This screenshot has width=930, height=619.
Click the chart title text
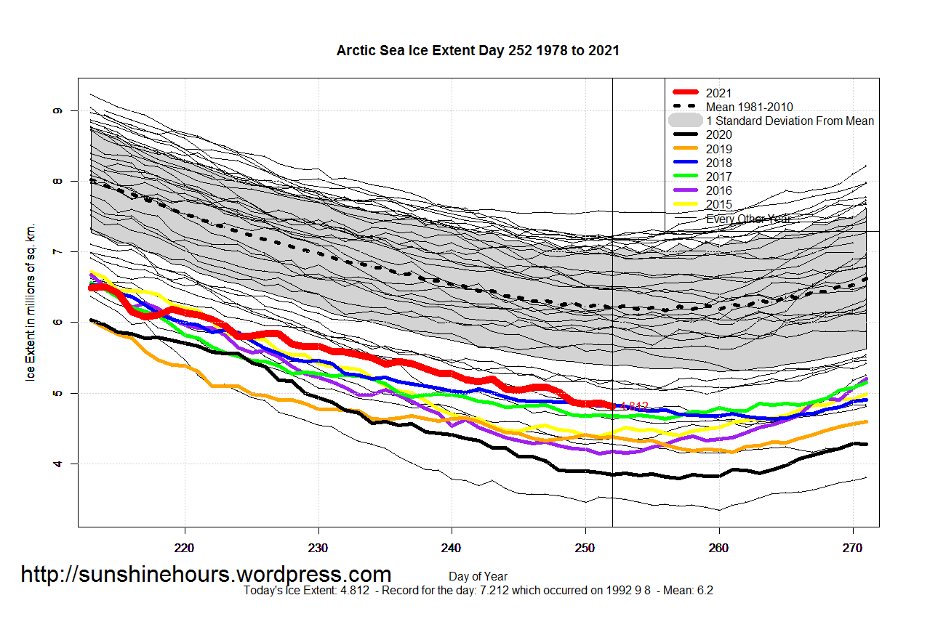click(478, 51)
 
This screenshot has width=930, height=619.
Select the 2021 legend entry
click(719, 93)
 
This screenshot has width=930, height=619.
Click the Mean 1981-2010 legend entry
click(749, 107)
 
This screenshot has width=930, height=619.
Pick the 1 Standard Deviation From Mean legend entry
click(790, 121)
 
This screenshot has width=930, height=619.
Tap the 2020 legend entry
click(719, 134)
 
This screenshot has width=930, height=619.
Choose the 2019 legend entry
click(719, 149)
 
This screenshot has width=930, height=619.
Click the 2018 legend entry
click(719, 163)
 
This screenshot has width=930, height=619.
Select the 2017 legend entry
click(719, 177)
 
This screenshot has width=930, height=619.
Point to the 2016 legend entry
click(719, 190)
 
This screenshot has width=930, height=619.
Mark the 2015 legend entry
click(719, 205)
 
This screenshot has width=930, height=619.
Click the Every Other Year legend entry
click(748, 219)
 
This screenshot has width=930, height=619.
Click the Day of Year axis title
click(478, 576)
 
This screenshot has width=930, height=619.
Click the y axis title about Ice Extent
click(31, 302)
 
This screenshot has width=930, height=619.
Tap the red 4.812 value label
click(634, 407)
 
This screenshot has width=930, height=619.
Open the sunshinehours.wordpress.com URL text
click(206, 575)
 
